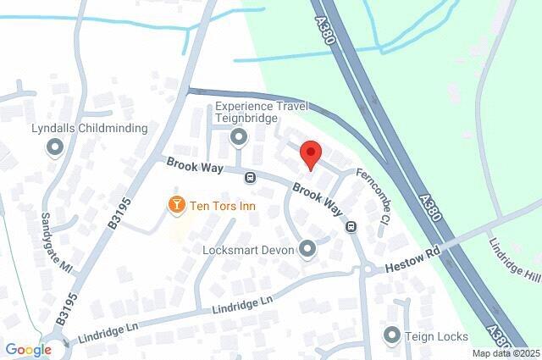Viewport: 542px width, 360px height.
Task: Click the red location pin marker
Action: point(312,155)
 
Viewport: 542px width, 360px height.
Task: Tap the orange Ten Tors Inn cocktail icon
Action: point(176,205)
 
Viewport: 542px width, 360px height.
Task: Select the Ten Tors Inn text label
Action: point(223,206)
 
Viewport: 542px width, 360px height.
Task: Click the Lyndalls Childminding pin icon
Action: point(56,147)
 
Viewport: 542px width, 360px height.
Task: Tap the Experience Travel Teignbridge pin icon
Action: point(240,136)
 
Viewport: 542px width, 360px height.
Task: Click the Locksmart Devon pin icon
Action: point(307,250)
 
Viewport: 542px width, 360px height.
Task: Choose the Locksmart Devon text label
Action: point(248,251)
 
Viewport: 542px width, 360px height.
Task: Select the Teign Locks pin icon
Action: point(391,335)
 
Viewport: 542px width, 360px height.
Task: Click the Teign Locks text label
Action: point(436,336)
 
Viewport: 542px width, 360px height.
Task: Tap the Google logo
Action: point(28,349)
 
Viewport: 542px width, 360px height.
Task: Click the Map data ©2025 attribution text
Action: point(506,353)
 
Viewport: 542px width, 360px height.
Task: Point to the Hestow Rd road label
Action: point(414,259)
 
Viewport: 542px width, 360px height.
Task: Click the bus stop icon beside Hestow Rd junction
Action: point(350,226)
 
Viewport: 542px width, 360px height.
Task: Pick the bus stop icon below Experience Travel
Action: point(250,178)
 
